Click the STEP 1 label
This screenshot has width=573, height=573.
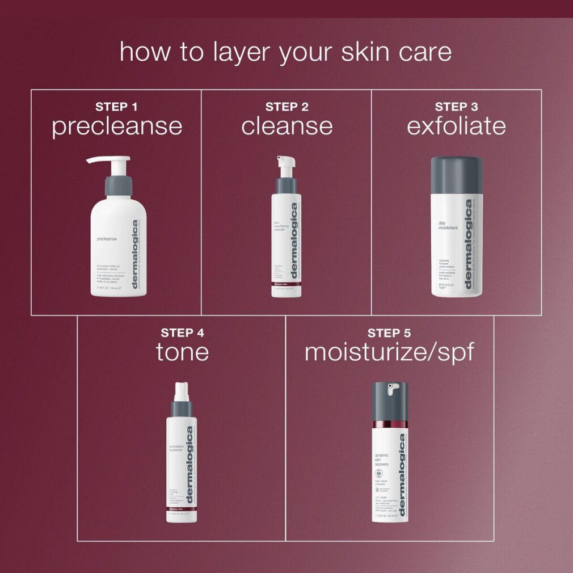116,107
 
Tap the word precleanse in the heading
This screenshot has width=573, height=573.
117,127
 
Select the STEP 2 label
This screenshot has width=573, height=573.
286,107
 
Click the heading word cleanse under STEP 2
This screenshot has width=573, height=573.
286,127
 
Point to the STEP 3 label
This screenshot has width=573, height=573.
456,107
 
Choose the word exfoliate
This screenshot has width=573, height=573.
456,127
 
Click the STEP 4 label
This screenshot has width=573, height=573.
182,332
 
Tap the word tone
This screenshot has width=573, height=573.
182,352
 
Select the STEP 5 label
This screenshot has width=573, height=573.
389,332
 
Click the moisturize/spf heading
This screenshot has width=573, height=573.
389,352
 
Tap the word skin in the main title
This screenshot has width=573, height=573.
365,52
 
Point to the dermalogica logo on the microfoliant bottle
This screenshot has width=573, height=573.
469,244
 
